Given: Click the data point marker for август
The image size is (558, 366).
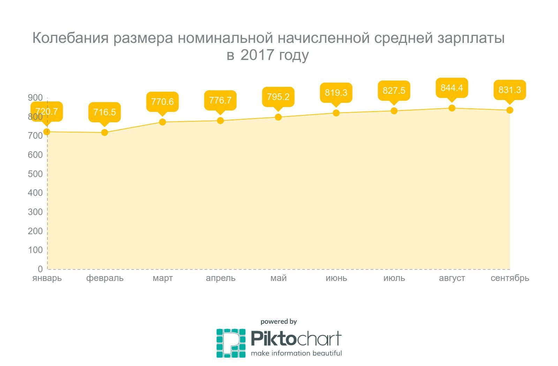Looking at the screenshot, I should (452, 108).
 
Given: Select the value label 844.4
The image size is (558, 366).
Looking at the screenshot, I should (452, 88).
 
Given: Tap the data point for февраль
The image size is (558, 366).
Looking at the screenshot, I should (104, 132).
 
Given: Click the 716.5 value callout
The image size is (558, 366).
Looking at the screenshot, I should (104, 112).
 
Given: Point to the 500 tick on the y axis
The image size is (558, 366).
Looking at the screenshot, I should (35, 174).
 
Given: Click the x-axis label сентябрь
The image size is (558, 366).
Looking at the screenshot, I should (510, 278).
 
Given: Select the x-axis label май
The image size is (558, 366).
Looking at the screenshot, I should (278, 278).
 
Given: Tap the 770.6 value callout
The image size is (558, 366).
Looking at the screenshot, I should (163, 102).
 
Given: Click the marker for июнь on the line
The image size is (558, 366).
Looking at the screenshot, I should (336, 113).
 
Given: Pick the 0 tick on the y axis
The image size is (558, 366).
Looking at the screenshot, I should (40, 269).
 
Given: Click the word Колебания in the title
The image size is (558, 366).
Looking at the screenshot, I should (70, 38).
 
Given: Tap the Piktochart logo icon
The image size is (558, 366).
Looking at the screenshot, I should (231, 343).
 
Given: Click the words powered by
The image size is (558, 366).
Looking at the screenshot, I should (279, 321).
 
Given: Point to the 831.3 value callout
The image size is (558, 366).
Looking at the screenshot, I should (510, 90).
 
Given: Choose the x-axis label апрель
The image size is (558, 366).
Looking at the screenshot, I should (220, 278).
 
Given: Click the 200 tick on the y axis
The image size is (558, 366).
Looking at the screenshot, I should (35, 231).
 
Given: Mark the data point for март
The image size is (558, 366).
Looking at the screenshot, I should (163, 122).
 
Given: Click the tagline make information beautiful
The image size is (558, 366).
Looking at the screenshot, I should (296, 353).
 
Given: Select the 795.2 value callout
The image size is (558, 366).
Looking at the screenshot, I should (278, 97).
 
